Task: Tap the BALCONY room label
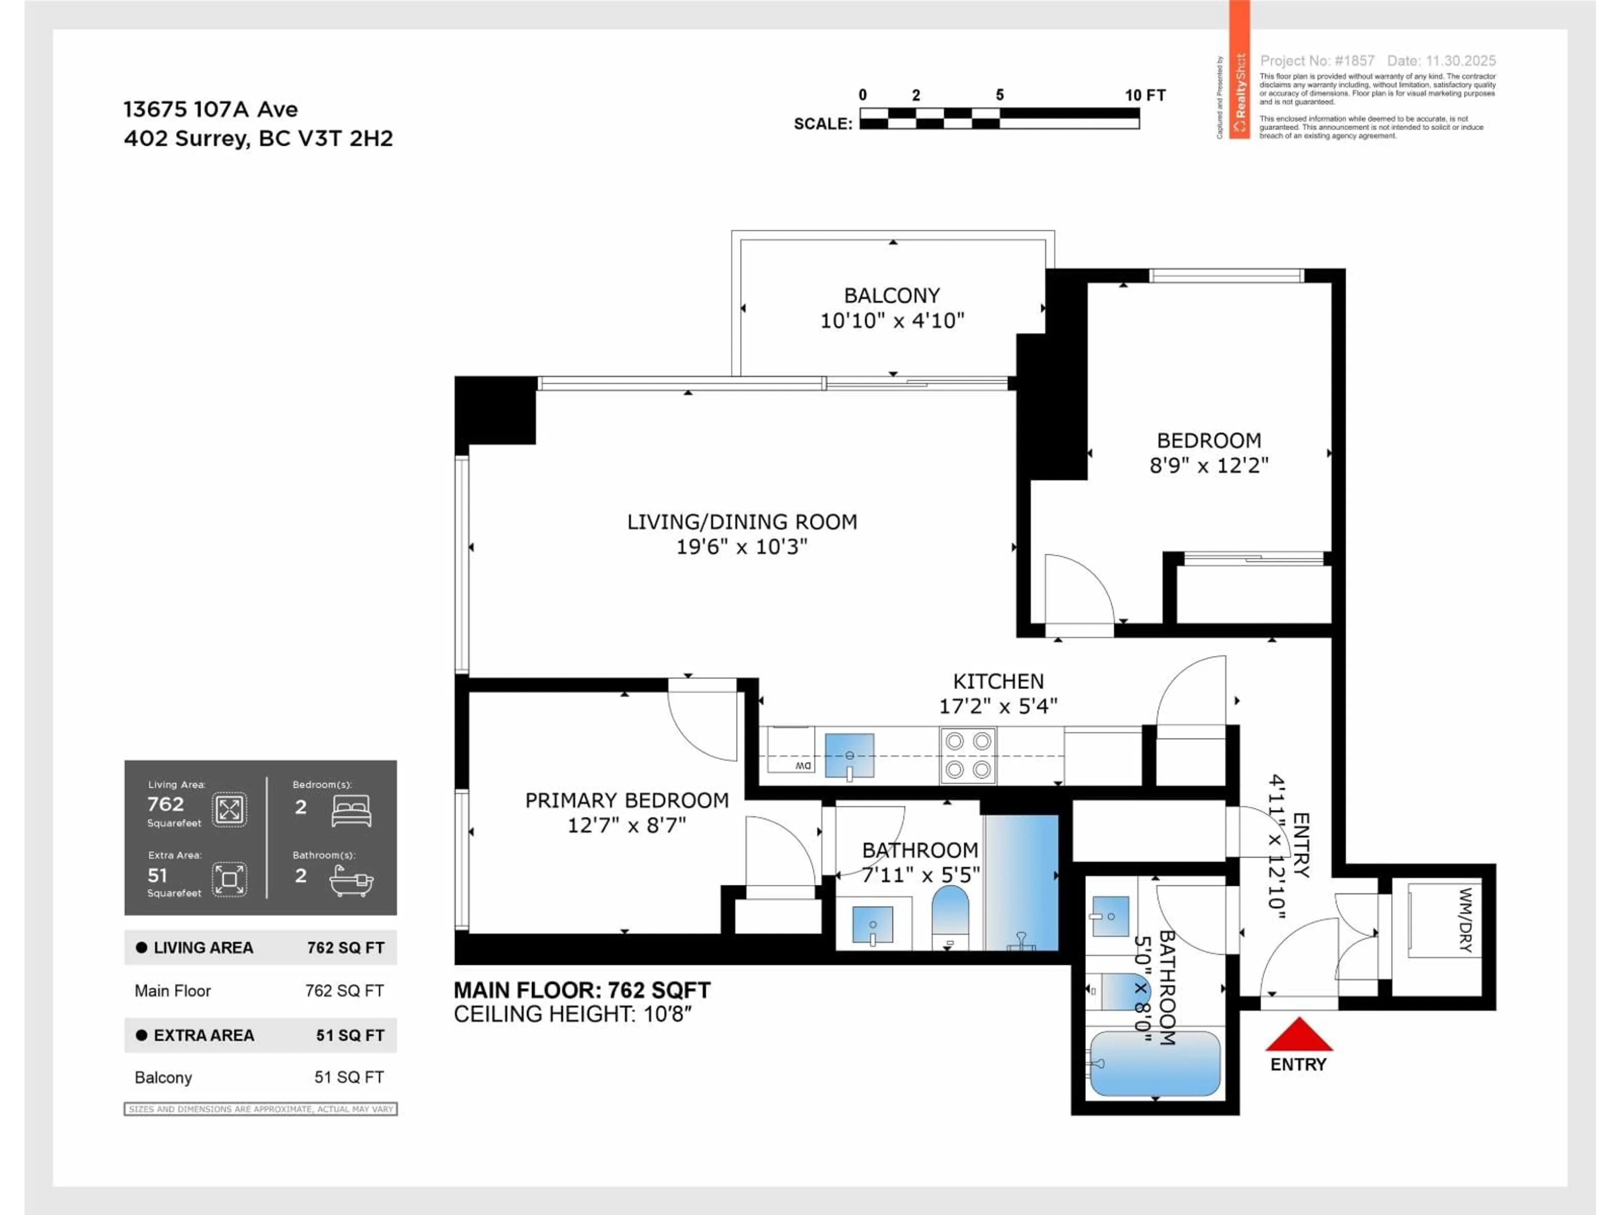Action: point(891,295)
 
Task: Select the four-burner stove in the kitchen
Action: point(967,755)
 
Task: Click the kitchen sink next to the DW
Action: point(849,755)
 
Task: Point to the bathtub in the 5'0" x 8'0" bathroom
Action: point(1155,1064)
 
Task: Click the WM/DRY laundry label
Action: point(1466,920)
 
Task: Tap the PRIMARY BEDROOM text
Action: point(627,800)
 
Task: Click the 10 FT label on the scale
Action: point(1145,95)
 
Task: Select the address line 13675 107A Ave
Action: point(211,110)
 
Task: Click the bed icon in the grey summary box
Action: point(351,811)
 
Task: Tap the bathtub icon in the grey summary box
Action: point(351,880)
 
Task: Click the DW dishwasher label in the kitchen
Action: point(803,765)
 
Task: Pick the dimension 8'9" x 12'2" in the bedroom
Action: point(1208,465)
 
